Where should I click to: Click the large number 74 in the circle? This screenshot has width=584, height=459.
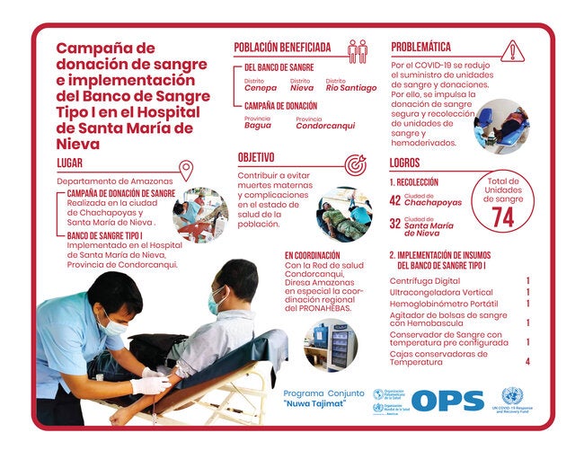[503, 216]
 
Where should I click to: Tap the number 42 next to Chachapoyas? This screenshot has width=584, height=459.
[394, 201]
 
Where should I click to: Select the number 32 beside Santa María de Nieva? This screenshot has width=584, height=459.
[394, 224]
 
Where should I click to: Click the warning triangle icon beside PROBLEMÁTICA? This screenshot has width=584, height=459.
[512, 50]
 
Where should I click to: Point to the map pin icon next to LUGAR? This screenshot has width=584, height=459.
[186, 170]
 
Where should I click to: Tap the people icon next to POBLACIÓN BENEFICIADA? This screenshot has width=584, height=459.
[357, 50]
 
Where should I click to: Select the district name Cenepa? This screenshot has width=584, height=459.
[261, 88]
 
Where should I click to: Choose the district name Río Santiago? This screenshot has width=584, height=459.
[351, 88]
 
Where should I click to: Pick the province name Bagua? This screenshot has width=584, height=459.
[258, 125]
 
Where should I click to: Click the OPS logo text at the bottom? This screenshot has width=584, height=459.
[447, 402]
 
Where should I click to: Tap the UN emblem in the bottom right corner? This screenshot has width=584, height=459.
[510, 396]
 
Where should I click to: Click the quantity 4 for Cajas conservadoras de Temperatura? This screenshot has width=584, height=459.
[527, 361]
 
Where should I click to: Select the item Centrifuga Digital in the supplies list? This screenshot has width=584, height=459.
[424, 280]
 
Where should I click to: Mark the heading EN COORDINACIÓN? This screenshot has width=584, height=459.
[314, 255]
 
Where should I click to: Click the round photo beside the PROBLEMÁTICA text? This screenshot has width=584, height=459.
[501, 126]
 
